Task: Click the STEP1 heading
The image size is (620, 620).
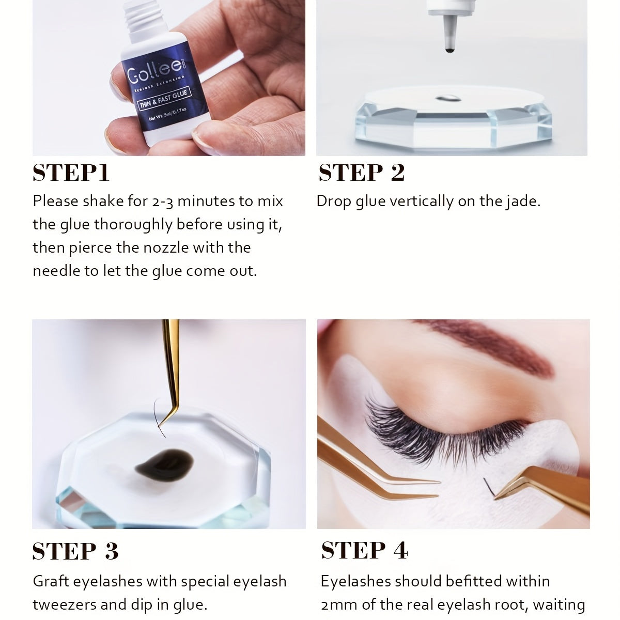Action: (x=71, y=173)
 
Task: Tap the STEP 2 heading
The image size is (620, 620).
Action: (x=362, y=173)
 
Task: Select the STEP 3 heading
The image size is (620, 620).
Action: (x=75, y=551)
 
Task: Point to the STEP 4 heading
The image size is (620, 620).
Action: (x=365, y=550)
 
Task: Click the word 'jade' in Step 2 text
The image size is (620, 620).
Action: (x=523, y=201)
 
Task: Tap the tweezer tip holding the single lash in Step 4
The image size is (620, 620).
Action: (x=495, y=497)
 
